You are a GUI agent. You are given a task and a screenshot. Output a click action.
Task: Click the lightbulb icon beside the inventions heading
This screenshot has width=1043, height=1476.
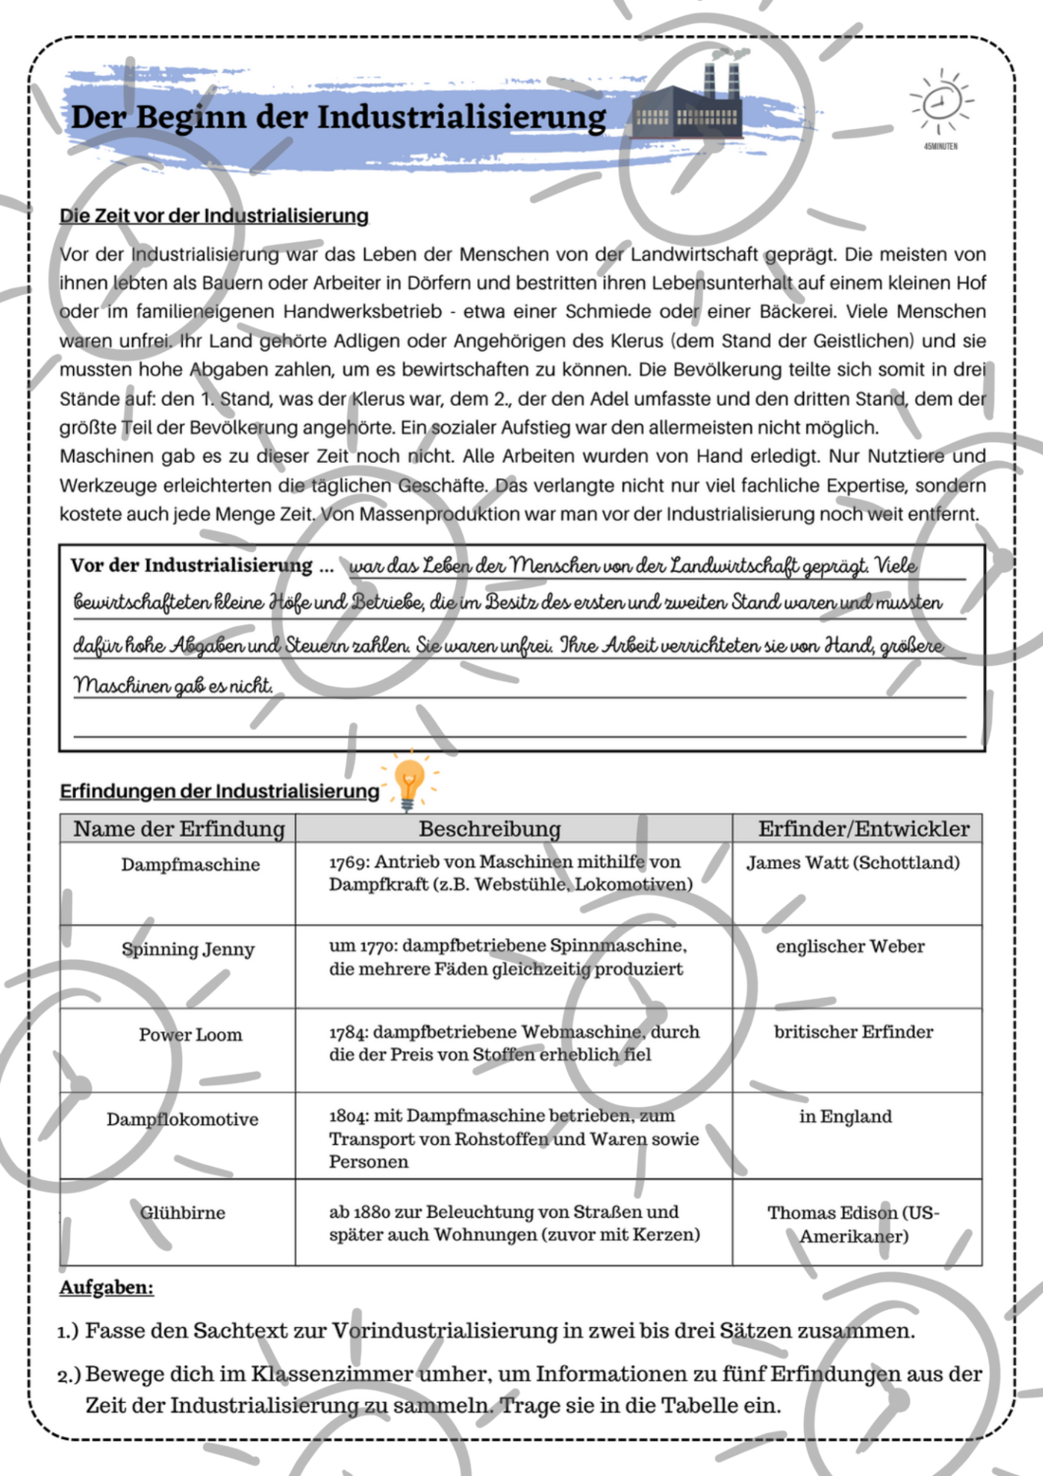pos(409,783)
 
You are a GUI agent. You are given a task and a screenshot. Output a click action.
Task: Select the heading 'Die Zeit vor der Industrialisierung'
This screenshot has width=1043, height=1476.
pos(214,216)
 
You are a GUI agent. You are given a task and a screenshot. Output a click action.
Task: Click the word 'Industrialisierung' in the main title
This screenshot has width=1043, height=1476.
pos(461,118)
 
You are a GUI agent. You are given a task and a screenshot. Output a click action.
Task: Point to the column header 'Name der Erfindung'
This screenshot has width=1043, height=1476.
pos(178,829)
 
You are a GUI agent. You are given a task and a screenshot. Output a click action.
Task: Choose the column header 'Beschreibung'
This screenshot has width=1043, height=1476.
pos(490,829)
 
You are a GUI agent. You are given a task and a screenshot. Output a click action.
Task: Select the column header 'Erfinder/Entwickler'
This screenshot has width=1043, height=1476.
pos(863,829)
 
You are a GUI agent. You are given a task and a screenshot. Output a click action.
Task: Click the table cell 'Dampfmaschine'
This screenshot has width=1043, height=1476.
pos(191,865)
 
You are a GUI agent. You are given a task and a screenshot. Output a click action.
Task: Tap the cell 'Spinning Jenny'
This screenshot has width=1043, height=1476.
pos(188,949)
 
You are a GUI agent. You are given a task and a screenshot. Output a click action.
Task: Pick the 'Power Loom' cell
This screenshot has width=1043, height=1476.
pos(191,1035)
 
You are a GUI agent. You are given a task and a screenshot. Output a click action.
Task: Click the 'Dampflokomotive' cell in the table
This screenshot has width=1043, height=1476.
pos(182,1119)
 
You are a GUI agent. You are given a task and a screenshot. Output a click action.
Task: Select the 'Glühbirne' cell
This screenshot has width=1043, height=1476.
pos(183,1213)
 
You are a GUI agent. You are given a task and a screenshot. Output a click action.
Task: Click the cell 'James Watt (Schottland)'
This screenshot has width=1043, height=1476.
pos(853,863)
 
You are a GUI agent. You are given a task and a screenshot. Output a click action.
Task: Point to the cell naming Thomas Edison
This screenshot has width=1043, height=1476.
pos(853,1224)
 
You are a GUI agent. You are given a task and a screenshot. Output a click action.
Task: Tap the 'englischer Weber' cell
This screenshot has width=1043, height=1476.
pos(850,946)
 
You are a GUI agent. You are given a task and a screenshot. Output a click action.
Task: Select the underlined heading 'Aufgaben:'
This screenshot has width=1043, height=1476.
pos(107,1288)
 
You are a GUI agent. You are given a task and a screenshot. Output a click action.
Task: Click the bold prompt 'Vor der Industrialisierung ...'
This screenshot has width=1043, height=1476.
pos(202,566)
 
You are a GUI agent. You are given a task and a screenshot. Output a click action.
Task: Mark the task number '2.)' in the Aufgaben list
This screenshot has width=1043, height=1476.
pos(69,1375)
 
